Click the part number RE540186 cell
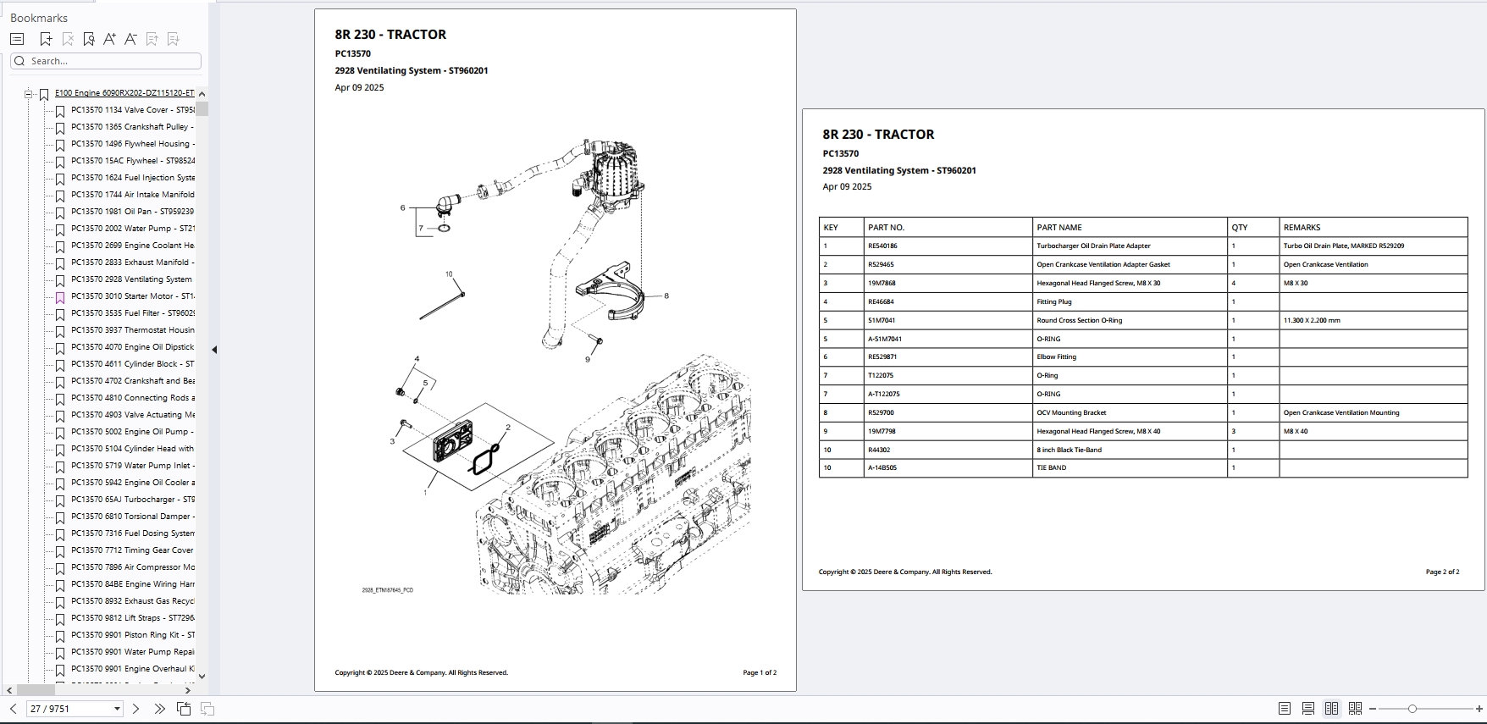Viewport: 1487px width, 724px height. click(x=882, y=246)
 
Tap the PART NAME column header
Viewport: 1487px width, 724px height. click(x=1059, y=228)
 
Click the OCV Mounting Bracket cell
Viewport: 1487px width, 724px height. click(x=1071, y=413)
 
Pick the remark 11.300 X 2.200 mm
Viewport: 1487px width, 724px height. click(x=1312, y=321)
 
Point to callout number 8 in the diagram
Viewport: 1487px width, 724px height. click(x=666, y=296)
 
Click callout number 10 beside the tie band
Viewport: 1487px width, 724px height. click(x=449, y=274)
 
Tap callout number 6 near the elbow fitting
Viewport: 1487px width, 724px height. click(x=403, y=207)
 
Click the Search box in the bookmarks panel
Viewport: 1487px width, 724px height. click(x=110, y=61)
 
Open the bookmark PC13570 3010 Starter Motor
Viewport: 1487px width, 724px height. click(x=132, y=296)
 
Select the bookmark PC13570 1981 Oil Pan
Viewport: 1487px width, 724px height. click(x=132, y=212)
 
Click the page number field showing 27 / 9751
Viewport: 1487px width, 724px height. click(x=68, y=709)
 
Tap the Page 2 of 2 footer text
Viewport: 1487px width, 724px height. click(x=1442, y=572)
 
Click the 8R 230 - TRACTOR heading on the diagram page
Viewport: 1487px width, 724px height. click(x=390, y=35)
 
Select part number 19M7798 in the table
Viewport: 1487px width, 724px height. click(x=882, y=432)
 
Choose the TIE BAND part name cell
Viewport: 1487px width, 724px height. click(x=1052, y=468)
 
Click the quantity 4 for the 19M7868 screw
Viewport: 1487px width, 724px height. click(x=1233, y=284)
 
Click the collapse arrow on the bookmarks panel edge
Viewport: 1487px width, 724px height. click(x=214, y=350)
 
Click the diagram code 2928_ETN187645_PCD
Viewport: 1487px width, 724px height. click(x=387, y=590)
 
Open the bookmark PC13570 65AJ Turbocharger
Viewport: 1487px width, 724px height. click(x=132, y=500)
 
